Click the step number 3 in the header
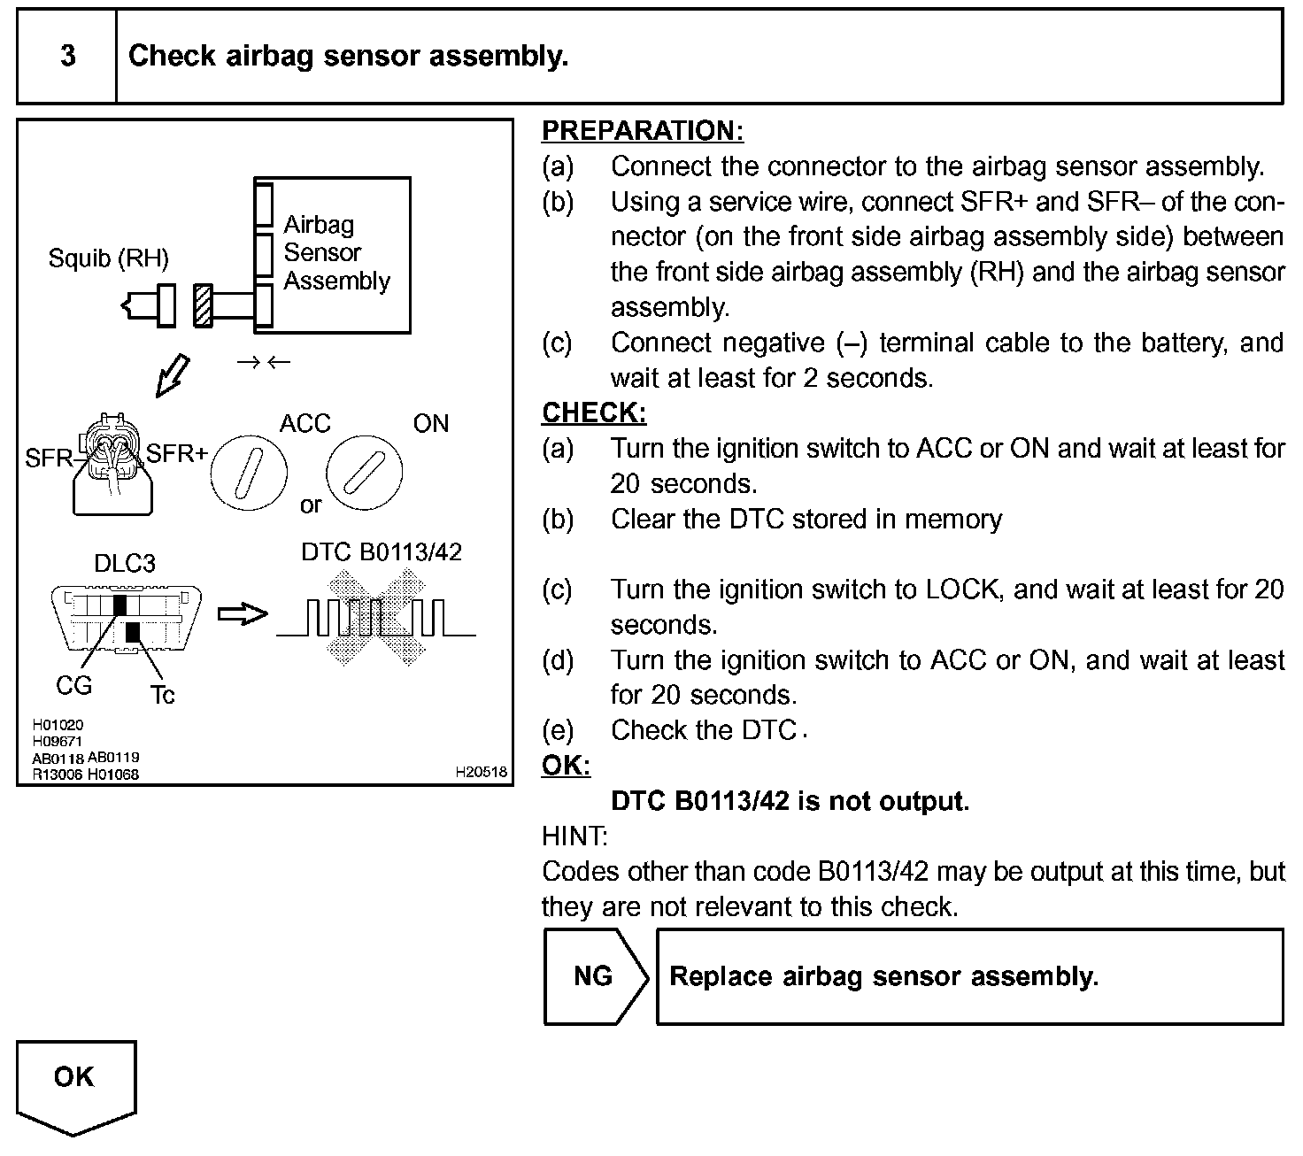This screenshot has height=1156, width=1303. point(67,57)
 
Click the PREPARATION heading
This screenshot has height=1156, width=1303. point(642,131)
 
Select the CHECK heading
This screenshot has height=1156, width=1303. point(593,413)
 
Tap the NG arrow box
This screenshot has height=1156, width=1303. point(594,976)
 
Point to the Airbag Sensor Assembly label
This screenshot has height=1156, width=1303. point(336,253)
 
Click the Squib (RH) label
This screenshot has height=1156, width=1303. point(108,258)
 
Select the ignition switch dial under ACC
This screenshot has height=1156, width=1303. point(249,471)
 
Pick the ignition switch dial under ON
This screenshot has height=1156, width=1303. point(364,471)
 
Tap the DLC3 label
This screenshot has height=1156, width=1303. point(125,564)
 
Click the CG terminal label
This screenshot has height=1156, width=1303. point(73,686)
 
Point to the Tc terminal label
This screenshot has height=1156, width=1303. point(162,696)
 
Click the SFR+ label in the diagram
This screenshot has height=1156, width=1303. point(176,455)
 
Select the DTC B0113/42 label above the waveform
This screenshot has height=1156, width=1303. point(382,552)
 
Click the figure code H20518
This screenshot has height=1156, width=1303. point(481,772)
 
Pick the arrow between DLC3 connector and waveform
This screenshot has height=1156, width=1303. point(242,614)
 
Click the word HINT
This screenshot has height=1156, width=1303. point(574,836)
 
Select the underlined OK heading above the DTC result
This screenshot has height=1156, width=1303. point(566,766)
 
